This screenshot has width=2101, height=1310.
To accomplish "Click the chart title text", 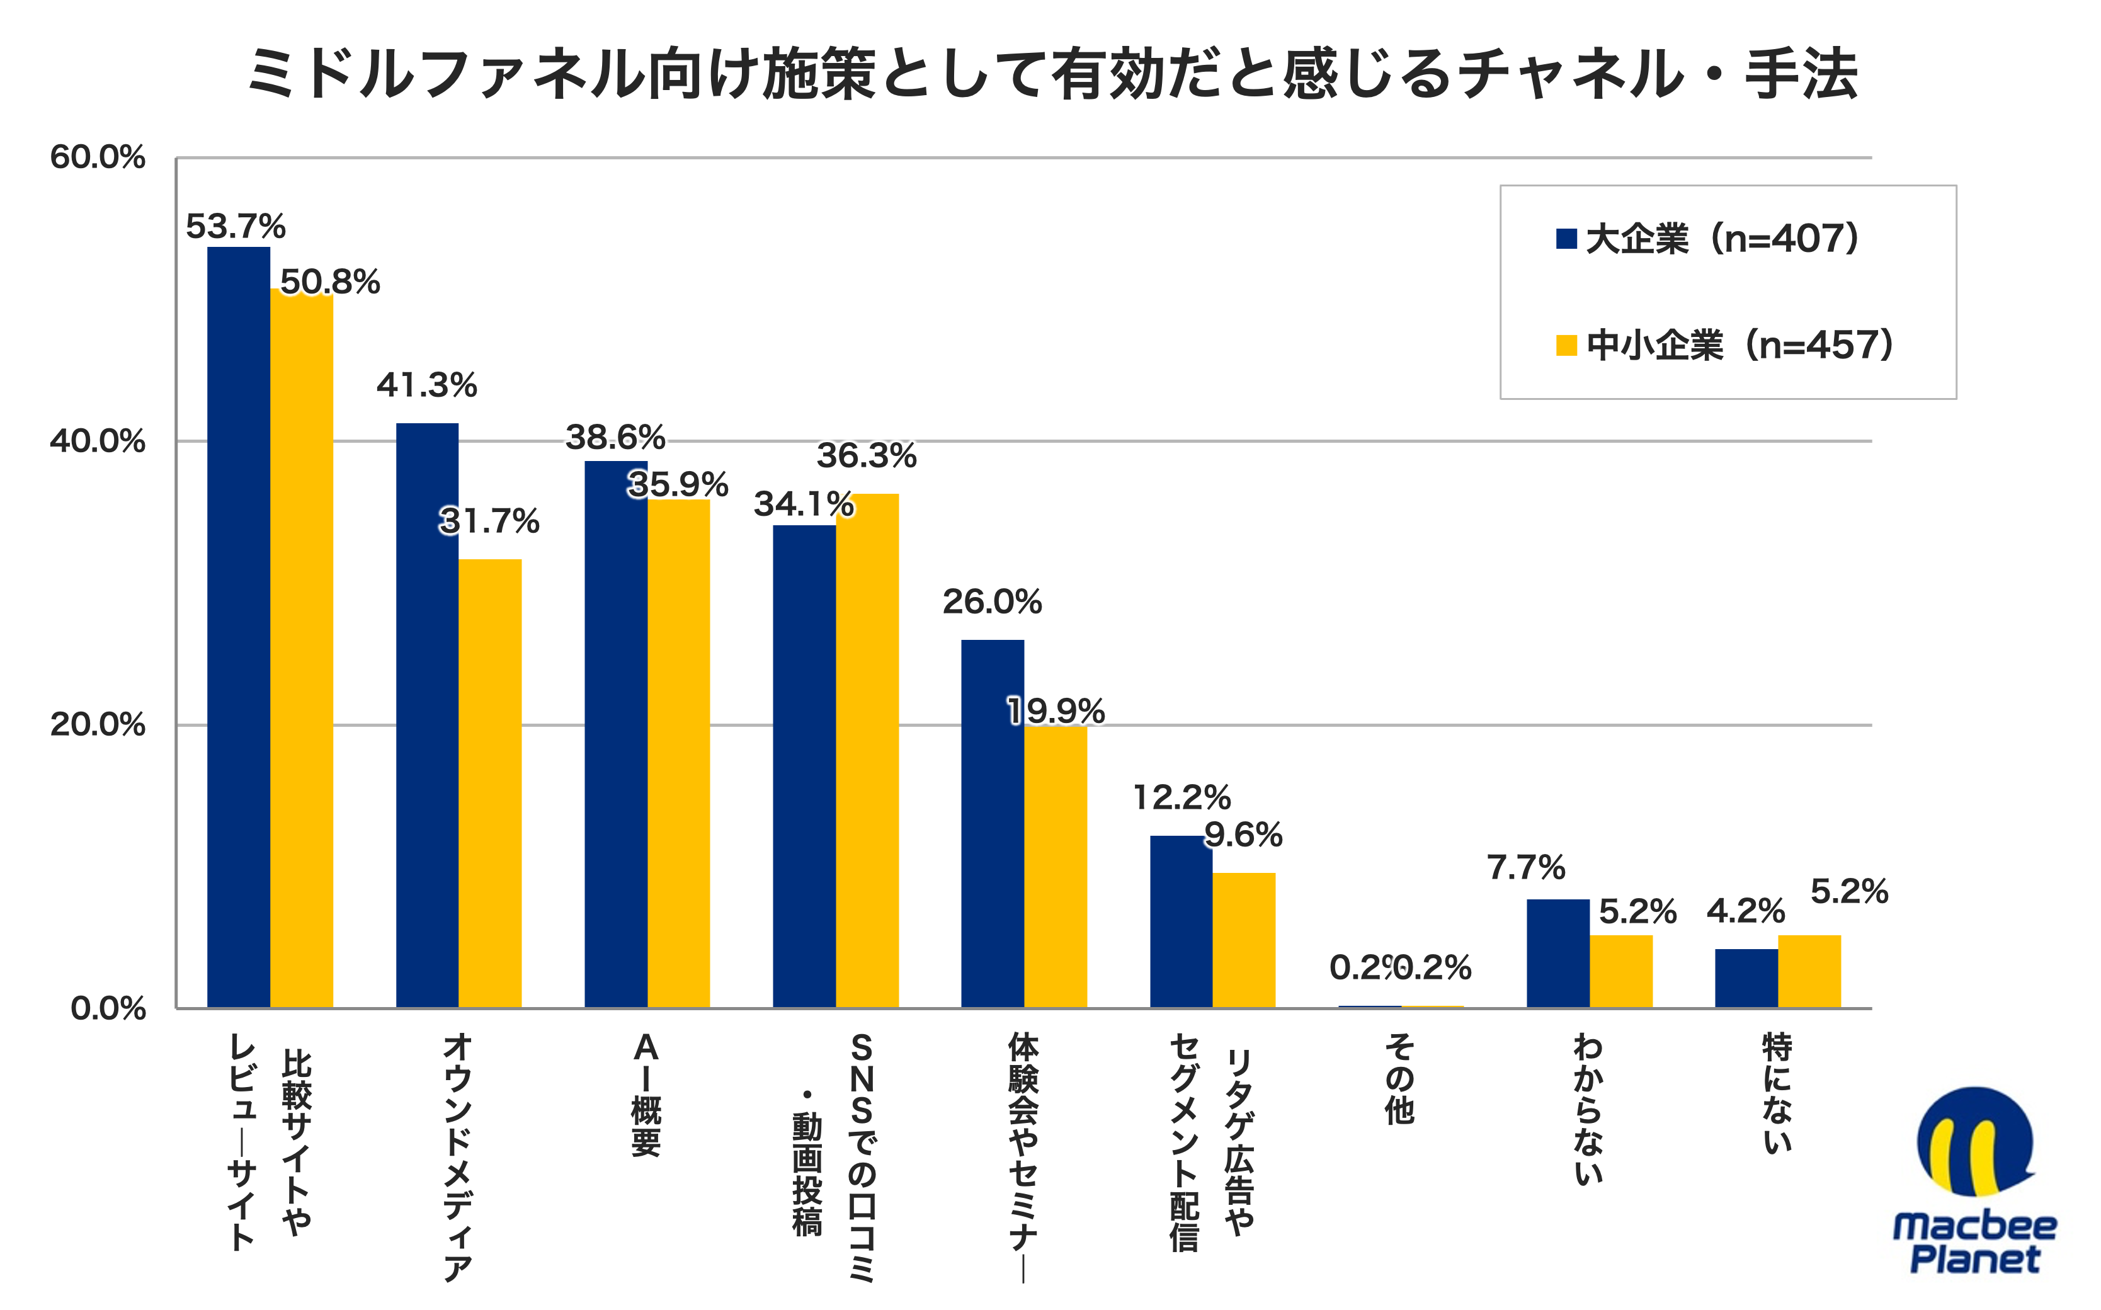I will [1051, 74].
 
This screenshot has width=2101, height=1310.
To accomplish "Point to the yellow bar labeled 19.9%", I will [1056, 867].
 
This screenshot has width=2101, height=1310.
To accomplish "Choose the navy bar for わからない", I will [1557, 953].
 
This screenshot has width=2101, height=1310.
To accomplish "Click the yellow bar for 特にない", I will [1809, 971].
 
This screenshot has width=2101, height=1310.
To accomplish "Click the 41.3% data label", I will [426, 385].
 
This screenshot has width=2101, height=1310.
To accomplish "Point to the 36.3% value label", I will [867, 456].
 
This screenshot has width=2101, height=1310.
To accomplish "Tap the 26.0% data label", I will [992, 602].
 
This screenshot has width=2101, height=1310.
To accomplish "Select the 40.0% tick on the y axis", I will [97, 441].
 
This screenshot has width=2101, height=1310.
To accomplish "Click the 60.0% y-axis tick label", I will [97, 157].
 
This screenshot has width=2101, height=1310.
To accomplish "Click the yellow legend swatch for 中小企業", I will [1566, 346].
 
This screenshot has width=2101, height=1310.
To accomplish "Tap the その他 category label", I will [1400, 1079].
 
